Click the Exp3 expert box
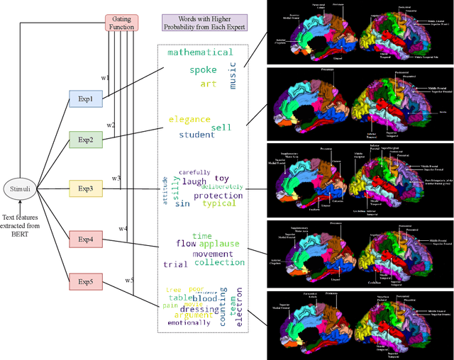85,189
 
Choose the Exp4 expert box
85,239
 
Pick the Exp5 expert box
85,282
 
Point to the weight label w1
105,77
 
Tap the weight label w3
116,178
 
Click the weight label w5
130,280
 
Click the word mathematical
199,52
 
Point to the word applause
219,244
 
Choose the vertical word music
233,75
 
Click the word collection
219,263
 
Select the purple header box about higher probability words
204,22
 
